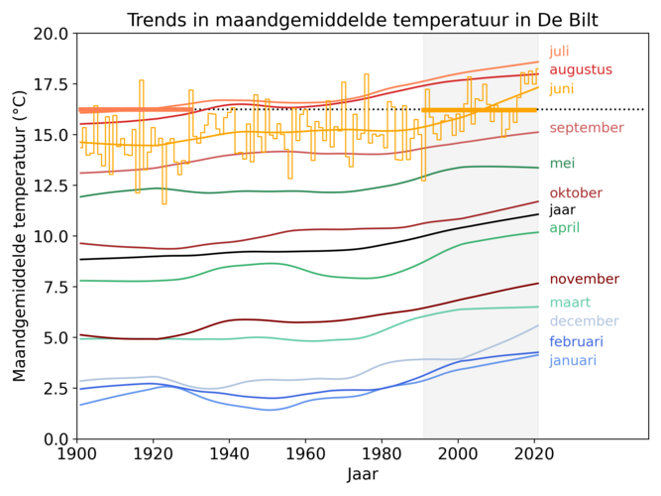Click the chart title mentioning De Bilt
click(362, 21)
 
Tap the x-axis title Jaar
click(362, 475)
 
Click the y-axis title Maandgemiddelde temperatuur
click(20, 236)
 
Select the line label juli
click(562, 52)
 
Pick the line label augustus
click(581, 69)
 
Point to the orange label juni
click(563, 88)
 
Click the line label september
click(587, 128)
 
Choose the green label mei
click(562, 164)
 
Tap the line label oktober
click(576, 193)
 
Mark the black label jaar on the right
click(563, 209)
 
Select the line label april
click(564, 228)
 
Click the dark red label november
click(584, 280)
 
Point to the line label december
click(585, 320)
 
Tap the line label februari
click(576, 341)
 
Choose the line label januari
click(574, 360)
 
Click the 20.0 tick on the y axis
click(50, 33)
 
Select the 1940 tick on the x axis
click(229, 453)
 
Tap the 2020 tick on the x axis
click(534, 453)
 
